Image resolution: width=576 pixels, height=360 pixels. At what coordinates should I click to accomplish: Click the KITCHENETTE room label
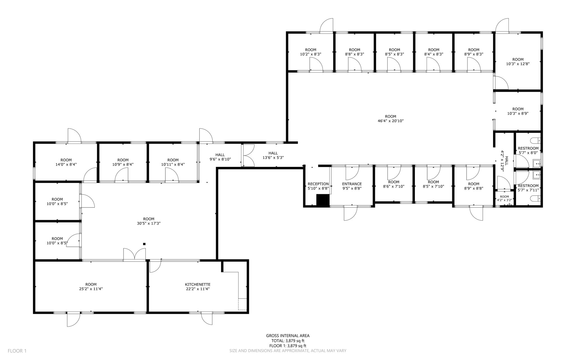[197, 285]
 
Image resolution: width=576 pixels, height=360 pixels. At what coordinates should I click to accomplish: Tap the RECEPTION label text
[318, 184]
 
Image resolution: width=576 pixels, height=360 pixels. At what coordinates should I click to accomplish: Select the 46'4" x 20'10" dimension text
[390, 121]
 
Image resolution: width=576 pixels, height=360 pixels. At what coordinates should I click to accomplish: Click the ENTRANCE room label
[352, 184]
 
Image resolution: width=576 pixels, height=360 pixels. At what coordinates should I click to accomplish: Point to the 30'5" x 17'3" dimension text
[148, 223]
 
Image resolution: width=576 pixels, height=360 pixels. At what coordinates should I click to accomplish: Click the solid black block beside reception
[323, 200]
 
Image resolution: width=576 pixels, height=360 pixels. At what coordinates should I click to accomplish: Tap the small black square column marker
[144, 244]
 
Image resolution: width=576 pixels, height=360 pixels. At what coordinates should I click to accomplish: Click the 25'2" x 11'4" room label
[91, 287]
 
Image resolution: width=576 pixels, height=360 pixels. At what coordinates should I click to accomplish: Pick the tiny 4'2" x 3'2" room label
[504, 198]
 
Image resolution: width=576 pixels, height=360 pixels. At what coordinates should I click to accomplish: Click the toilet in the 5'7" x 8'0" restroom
[535, 140]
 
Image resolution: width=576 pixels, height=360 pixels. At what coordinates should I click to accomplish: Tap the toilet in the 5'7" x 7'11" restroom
[535, 199]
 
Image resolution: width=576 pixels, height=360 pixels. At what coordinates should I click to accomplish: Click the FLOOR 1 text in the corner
[17, 351]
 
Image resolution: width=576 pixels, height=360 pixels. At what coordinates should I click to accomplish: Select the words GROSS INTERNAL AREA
[288, 336]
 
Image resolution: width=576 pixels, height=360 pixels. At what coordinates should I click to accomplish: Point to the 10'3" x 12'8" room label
[518, 62]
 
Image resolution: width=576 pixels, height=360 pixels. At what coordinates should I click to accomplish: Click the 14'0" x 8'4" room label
[66, 162]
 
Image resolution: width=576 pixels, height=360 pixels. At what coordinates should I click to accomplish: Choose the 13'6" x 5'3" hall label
[273, 155]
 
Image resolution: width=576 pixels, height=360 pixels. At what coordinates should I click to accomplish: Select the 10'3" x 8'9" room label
[518, 111]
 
